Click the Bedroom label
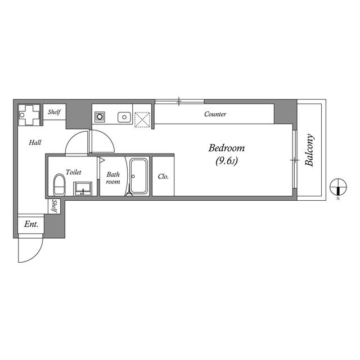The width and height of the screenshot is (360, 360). coord(227,148)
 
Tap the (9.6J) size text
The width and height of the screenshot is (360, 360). coord(226,161)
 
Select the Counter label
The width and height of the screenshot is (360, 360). coord(215,114)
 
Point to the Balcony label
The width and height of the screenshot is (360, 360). coord(310,151)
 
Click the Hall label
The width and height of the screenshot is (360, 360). coord(35,143)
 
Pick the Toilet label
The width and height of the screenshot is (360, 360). coord(74,172)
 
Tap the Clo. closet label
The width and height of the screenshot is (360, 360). coord(163,177)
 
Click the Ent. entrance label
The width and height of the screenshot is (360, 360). coord(31,224)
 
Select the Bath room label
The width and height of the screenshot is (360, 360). coord(113,178)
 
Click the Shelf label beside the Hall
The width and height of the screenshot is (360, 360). coord(54,112)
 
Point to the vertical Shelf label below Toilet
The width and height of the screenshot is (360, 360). coord(55,206)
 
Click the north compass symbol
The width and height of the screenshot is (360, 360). coord(337,186)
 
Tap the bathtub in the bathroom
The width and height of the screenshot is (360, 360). coord(138,177)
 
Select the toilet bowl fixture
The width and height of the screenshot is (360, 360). coord(58,185)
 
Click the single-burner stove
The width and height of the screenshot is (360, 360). coord(100,118)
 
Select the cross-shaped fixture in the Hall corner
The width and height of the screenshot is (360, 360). coord(30,115)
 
